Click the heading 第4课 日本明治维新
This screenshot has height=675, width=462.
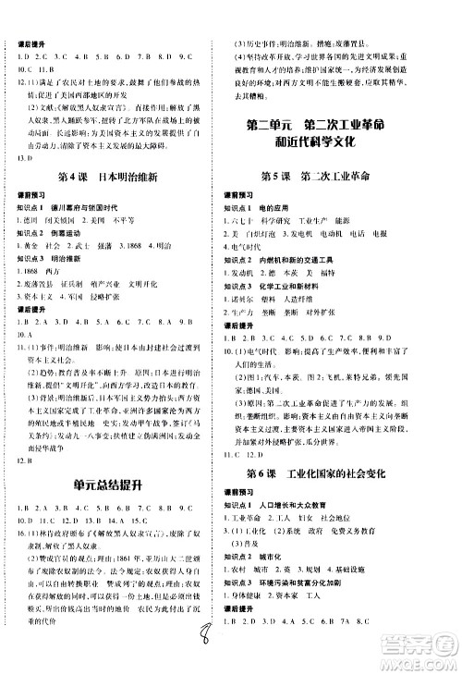[x=115, y=178]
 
